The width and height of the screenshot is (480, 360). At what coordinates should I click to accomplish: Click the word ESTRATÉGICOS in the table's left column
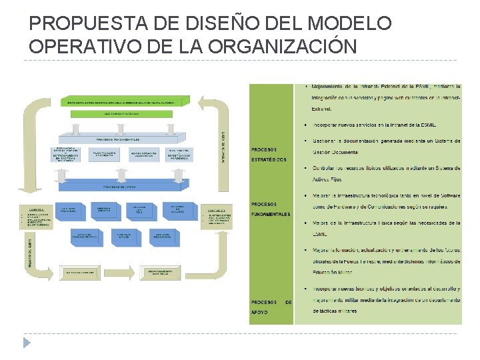tap(269, 160)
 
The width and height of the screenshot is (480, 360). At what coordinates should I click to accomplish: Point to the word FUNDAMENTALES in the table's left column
tap(271, 215)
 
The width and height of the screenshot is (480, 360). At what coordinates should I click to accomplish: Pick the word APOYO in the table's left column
tap(260, 312)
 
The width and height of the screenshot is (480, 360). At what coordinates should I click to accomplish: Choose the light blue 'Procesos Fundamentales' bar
tap(117, 139)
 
